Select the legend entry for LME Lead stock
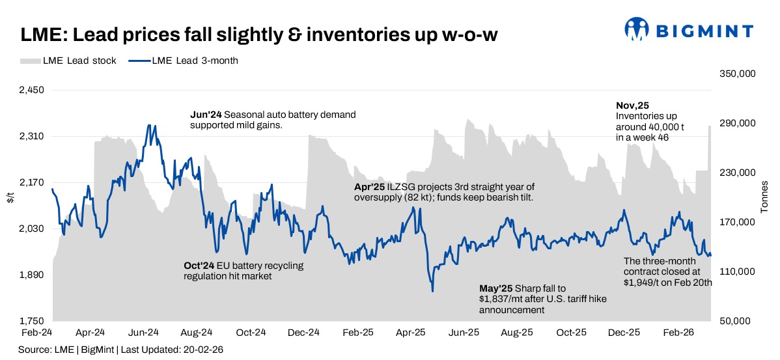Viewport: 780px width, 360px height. (x=68, y=61)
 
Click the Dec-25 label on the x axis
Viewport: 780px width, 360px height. (x=624, y=332)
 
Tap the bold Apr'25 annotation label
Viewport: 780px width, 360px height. (x=369, y=186)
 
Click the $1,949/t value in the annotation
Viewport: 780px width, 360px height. (x=643, y=283)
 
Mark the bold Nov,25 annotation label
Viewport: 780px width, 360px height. (x=632, y=105)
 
